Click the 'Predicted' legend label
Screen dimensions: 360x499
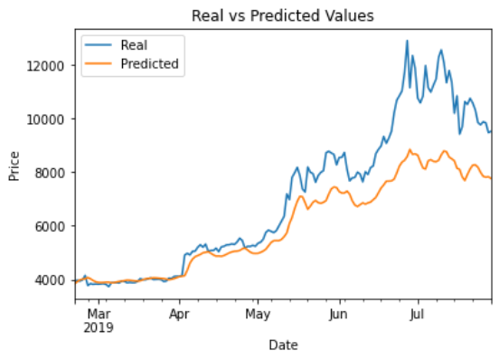point(149,64)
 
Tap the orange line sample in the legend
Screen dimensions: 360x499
point(99,64)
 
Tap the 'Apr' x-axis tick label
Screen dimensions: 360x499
point(179,316)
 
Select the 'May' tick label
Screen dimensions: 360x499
point(258,316)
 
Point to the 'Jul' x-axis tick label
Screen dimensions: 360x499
point(417,316)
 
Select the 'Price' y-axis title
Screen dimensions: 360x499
point(14,166)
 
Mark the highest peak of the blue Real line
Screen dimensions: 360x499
point(407,41)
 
